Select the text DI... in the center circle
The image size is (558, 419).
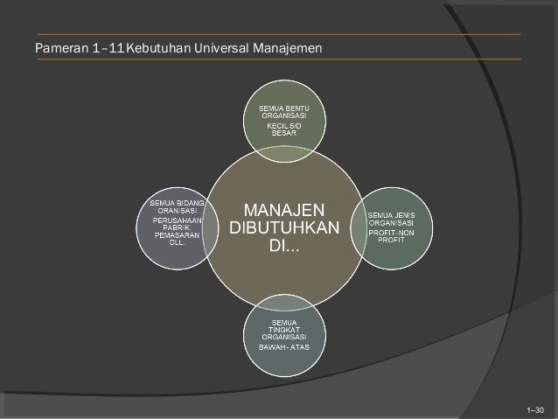[x=282, y=243]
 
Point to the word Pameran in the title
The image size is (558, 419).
[x=60, y=46]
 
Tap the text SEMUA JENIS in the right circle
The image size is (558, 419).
[x=390, y=215]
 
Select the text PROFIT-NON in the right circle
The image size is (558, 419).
[x=391, y=233]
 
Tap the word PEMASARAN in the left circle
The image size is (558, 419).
[x=177, y=235]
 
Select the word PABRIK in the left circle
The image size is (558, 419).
[x=176, y=228]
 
